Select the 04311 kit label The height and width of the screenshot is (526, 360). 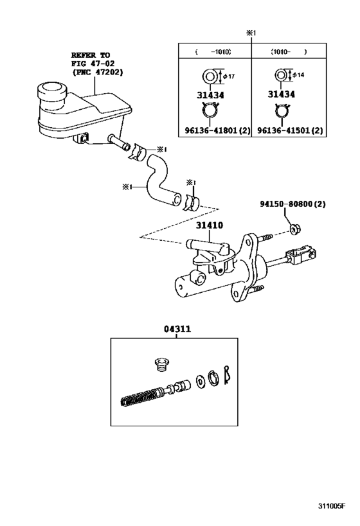pyautogui.click(x=177, y=328)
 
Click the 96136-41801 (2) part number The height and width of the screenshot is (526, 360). pyautogui.click(x=217, y=131)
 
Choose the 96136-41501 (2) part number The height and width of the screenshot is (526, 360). pyautogui.click(x=291, y=131)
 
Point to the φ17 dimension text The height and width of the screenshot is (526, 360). pyautogui.click(x=230, y=77)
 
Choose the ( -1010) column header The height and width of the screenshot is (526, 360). pyautogui.click(x=213, y=51)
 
